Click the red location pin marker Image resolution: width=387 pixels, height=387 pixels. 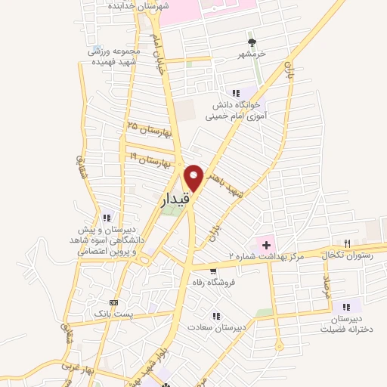193,177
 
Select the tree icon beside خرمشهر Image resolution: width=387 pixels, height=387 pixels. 252,42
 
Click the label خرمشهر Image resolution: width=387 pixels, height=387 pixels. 252,55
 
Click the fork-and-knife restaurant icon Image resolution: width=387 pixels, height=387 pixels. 347,243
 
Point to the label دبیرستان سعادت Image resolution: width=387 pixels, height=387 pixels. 215,328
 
